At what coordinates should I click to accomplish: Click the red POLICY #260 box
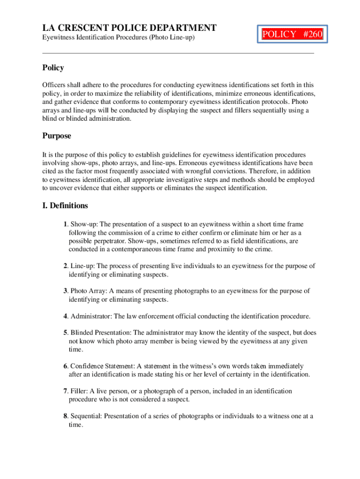(x=293, y=34)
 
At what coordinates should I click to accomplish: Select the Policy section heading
(x=53, y=68)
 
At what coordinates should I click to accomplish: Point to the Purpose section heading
(x=57, y=136)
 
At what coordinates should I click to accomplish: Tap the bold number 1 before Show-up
(x=65, y=225)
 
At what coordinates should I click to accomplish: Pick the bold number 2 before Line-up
(x=65, y=266)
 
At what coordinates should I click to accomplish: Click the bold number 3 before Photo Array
(x=65, y=291)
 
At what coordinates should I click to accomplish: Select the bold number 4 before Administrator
(x=65, y=316)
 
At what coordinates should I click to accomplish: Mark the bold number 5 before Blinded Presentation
(x=65, y=333)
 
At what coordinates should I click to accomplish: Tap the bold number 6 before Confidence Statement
(x=65, y=366)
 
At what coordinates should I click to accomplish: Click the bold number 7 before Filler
(x=65, y=391)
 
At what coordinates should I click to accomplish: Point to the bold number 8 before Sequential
(x=65, y=416)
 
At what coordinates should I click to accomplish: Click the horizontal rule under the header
(x=178, y=53)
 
